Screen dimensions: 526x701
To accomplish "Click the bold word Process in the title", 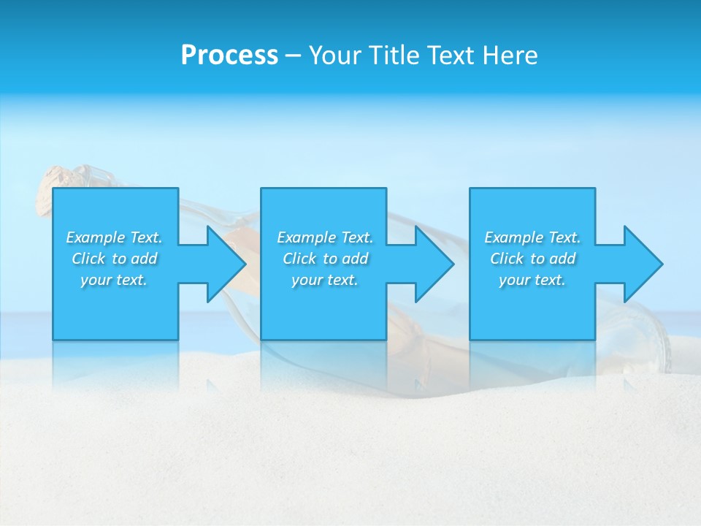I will pyautogui.click(x=229, y=56).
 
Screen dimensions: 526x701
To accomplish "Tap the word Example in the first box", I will pyautogui.click(x=95, y=237).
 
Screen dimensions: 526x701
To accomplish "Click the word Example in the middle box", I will pyautogui.click(x=306, y=237).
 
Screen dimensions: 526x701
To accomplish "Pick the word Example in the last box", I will pyautogui.click(x=513, y=237).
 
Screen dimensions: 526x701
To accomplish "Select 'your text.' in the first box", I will pyautogui.click(x=114, y=280).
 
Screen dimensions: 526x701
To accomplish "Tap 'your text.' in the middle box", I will pyautogui.click(x=325, y=280).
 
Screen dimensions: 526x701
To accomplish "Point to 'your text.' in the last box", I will pyautogui.click(x=532, y=280).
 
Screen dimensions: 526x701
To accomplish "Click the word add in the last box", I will pyautogui.click(x=562, y=259).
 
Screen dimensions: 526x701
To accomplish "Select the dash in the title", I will pyautogui.click(x=294, y=56).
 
